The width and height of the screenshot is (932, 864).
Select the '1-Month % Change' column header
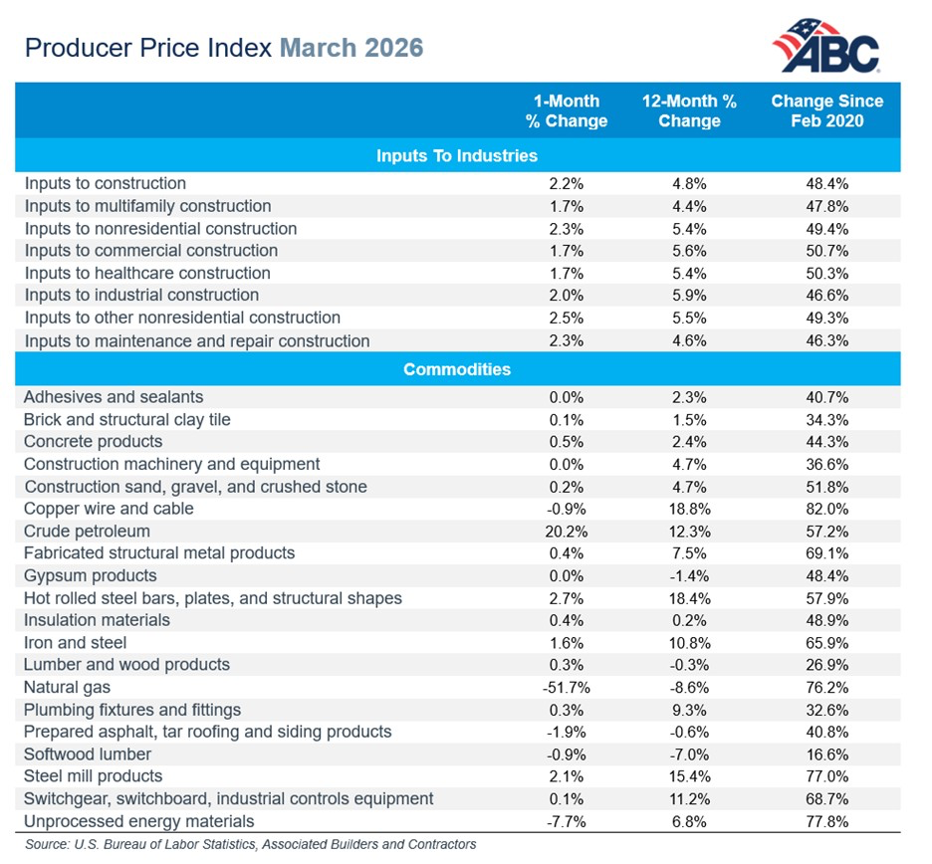pyautogui.click(x=566, y=110)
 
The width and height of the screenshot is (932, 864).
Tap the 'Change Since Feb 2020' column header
pyautogui.click(x=826, y=110)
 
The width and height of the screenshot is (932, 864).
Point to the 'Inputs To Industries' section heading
pyautogui.click(x=457, y=155)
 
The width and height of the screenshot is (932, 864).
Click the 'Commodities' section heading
pyautogui.click(x=457, y=369)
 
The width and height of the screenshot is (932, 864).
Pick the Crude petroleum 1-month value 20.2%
pyautogui.click(x=566, y=531)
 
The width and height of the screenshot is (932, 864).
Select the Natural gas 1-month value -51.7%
pyautogui.click(x=566, y=687)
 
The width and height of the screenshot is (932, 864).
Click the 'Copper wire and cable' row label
pyautogui.click(x=109, y=509)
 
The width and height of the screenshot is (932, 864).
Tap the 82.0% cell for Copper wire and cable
pyautogui.click(x=826, y=509)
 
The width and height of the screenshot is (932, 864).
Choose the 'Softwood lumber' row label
pyautogui.click(x=88, y=754)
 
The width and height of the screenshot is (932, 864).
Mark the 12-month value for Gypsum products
pyautogui.click(x=688, y=575)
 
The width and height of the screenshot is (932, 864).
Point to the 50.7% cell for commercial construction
pyautogui.click(x=826, y=251)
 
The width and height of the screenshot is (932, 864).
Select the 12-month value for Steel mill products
pyautogui.click(x=688, y=776)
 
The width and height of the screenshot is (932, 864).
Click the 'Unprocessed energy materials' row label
pyautogui.click(x=138, y=821)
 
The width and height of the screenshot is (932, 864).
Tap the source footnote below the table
pyautogui.click(x=250, y=844)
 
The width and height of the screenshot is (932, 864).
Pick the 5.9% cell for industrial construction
pyautogui.click(x=688, y=295)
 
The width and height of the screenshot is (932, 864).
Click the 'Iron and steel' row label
pyautogui.click(x=75, y=642)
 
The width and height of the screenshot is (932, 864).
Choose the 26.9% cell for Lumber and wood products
pyautogui.click(x=826, y=664)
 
